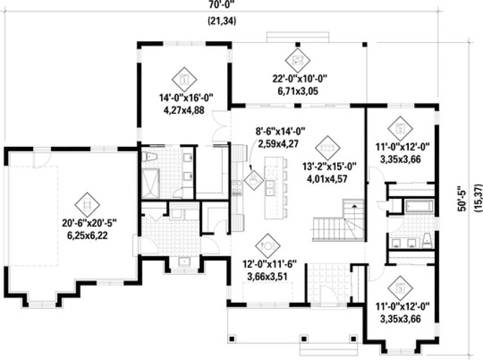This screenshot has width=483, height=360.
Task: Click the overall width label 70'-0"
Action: pyautogui.click(x=221, y=6)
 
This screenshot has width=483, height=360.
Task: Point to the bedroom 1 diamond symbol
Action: pyautogui.click(x=184, y=80)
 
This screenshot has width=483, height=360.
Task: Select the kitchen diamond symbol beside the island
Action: pyautogui.click(x=254, y=179)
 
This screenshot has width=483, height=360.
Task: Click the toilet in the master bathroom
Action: pyautogui.click(x=151, y=158)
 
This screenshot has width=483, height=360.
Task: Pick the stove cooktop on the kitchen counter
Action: pyautogui.click(x=236, y=187)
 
